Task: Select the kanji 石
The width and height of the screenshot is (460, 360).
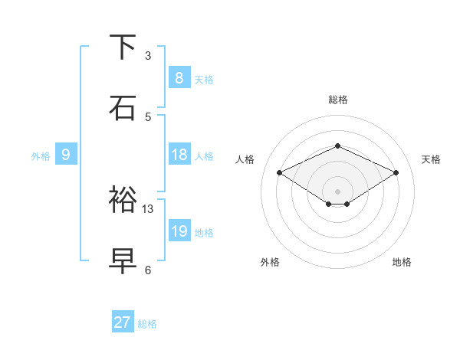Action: click(x=123, y=107)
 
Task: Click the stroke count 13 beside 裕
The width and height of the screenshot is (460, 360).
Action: click(x=148, y=208)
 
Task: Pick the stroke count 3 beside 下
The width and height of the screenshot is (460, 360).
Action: click(x=148, y=55)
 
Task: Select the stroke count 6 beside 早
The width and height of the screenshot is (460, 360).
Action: click(x=148, y=270)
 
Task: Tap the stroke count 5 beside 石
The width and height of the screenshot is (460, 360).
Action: click(x=148, y=116)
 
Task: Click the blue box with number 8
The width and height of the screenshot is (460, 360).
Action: click(x=179, y=77)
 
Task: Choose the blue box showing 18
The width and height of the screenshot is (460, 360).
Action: click(x=179, y=155)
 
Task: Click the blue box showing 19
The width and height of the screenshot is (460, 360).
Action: click(x=179, y=231)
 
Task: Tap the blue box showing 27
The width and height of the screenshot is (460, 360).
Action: click(x=123, y=322)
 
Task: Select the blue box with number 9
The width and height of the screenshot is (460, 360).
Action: click(x=66, y=155)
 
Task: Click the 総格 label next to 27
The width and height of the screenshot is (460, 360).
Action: click(x=147, y=324)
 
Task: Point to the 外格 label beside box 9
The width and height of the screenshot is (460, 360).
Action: click(x=41, y=155)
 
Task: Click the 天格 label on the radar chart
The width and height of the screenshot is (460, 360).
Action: click(x=431, y=159)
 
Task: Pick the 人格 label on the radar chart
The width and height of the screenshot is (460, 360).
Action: click(x=245, y=159)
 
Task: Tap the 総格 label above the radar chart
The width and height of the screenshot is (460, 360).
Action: click(x=337, y=100)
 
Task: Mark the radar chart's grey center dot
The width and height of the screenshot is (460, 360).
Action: click(x=337, y=191)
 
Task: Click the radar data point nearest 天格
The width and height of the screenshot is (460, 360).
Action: click(x=396, y=173)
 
